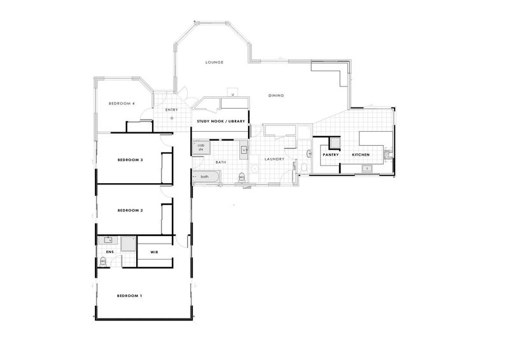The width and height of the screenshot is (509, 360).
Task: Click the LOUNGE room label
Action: click(x=214, y=62)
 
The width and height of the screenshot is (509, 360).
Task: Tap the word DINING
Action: click(x=275, y=95)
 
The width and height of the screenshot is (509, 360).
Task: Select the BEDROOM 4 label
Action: click(x=121, y=104)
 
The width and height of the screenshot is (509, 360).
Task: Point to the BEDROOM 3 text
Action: click(x=129, y=160)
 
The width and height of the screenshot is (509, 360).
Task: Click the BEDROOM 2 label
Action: click(x=129, y=210)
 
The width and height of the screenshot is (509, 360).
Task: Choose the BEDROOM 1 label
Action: click(x=129, y=296)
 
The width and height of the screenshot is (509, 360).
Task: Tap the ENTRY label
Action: click(x=171, y=110)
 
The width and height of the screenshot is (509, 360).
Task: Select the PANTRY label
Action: click(x=330, y=155)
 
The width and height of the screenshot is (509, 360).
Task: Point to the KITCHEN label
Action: click(x=361, y=155)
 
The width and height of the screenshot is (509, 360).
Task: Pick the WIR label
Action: click(x=154, y=253)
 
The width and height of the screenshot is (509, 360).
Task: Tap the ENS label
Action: click(x=109, y=253)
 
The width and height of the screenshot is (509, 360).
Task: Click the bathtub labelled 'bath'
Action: click(x=205, y=176)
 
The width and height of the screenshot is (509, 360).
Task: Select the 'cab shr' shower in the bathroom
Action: click(x=201, y=148)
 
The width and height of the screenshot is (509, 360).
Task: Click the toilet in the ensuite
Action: click(x=105, y=262)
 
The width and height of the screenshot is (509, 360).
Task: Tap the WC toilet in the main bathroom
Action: click(x=242, y=177)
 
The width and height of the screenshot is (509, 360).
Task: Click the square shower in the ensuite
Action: click(x=129, y=244)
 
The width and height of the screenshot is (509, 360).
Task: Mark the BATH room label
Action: click(x=221, y=162)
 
